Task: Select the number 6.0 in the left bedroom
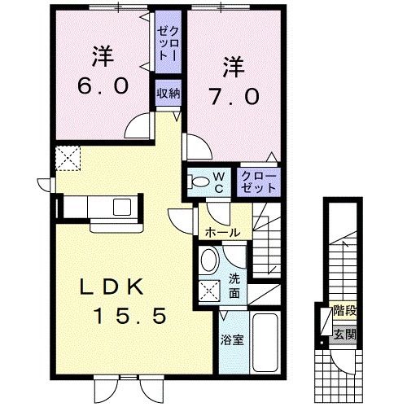(103, 85)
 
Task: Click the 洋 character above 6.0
(101, 57)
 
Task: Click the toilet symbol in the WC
(195, 181)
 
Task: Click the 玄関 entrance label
(345, 334)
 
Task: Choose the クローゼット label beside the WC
(259, 181)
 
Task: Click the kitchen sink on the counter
(120, 206)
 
